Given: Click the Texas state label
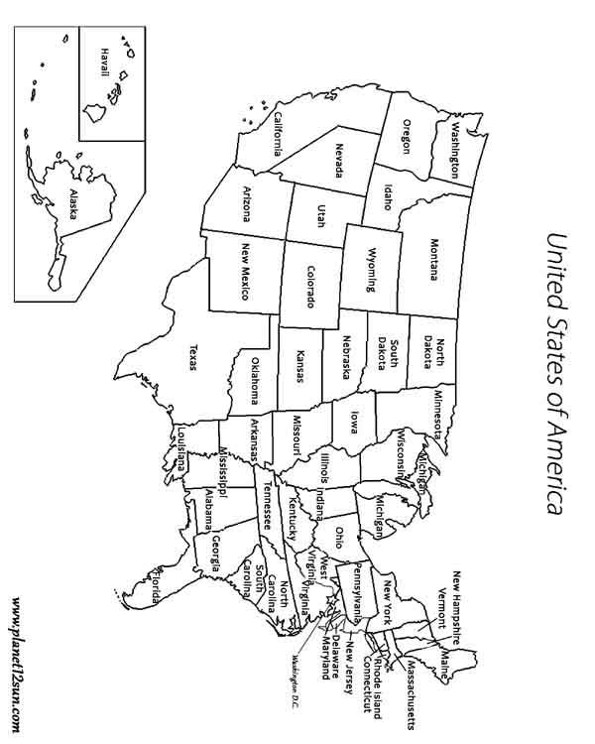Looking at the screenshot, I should pyautogui.click(x=191, y=359).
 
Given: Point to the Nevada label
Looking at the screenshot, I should pyautogui.click(x=339, y=161).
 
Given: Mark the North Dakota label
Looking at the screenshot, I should pyautogui.click(x=433, y=346).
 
